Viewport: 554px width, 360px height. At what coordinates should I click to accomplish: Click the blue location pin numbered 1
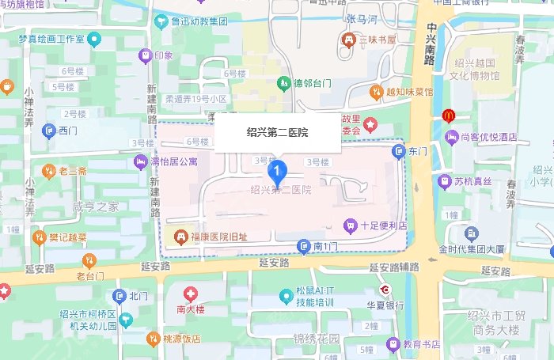(276, 170)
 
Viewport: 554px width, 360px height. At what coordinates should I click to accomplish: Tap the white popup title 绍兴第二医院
(278, 133)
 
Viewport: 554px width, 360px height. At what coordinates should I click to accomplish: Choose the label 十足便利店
(382, 225)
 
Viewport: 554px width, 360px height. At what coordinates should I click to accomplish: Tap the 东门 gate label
(417, 150)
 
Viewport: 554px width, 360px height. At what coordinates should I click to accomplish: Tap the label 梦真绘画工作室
(52, 38)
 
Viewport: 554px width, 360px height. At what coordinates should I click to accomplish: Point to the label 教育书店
(421, 344)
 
